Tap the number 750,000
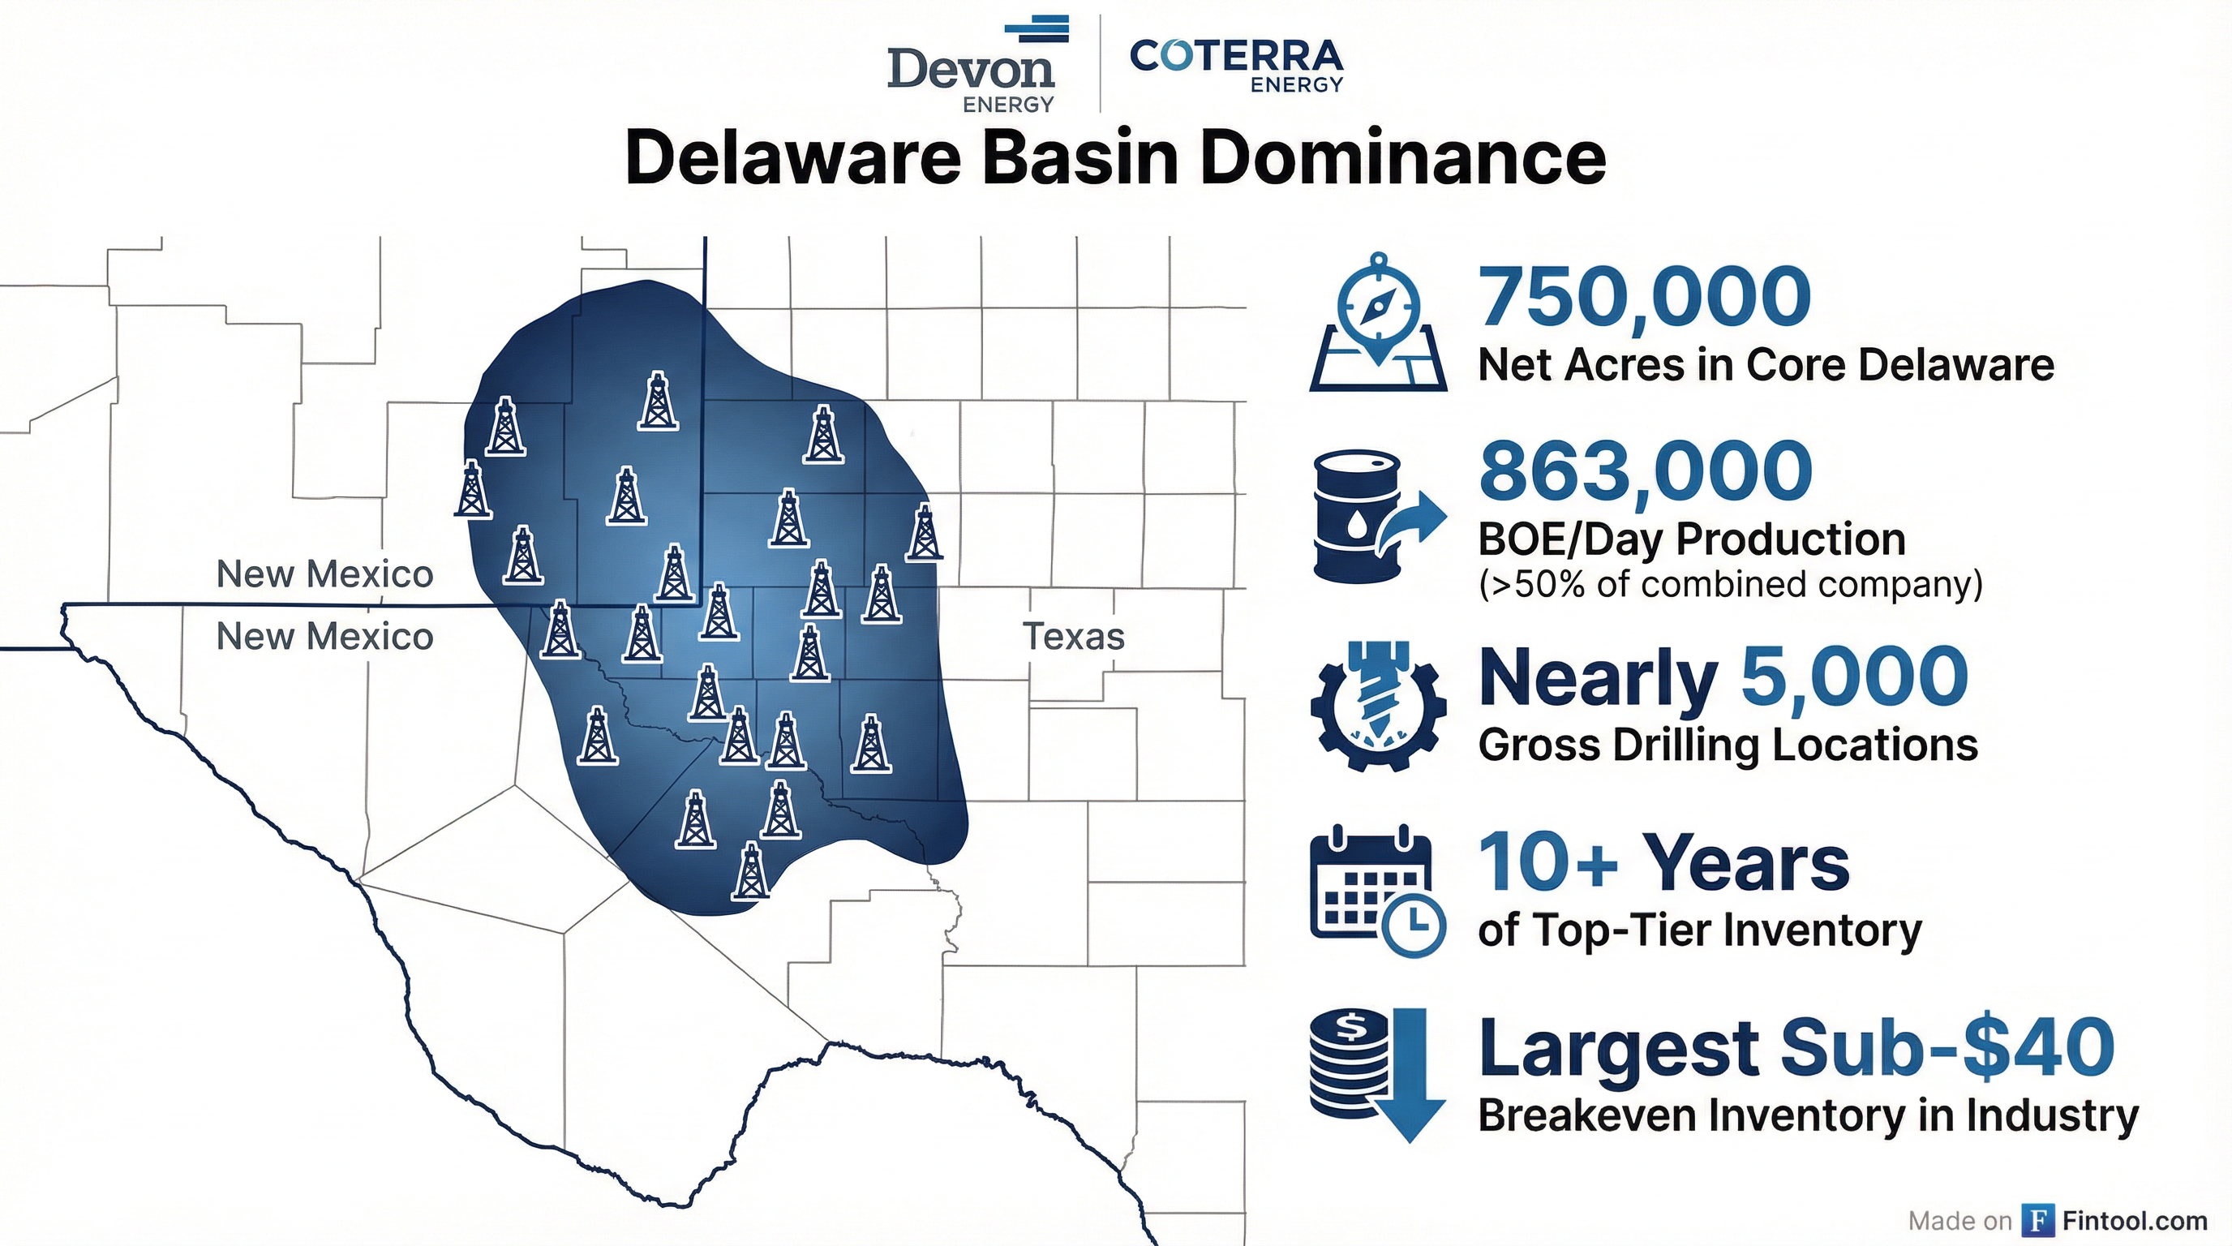click(x=1644, y=296)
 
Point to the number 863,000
click(x=1645, y=470)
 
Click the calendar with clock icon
click(x=1376, y=892)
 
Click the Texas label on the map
click(x=1073, y=637)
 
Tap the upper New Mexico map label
click(x=324, y=574)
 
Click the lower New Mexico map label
click(x=324, y=637)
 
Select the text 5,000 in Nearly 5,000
click(x=1854, y=676)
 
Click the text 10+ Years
click(x=1663, y=863)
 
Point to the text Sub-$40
click(x=1946, y=1047)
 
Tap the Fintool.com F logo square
click(x=2038, y=1220)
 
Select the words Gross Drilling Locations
click(x=1728, y=745)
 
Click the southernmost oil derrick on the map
click(x=750, y=870)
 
